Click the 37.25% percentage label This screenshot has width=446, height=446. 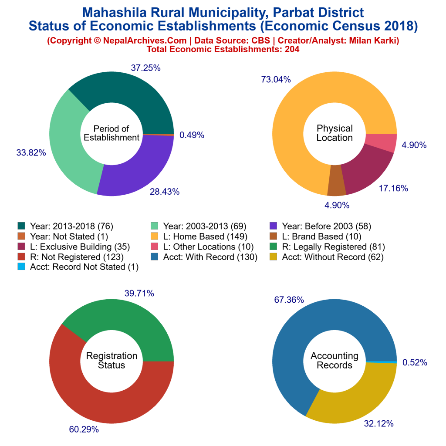click(146, 68)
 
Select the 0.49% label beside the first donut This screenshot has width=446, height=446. click(192, 135)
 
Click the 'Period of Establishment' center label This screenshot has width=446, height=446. click(111, 133)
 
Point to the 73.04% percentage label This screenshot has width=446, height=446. click(276, 79)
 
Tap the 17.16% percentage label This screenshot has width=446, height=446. click(393, 189)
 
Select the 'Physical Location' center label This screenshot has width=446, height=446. click(334, 133)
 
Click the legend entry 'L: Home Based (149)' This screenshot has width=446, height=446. click(205, 237)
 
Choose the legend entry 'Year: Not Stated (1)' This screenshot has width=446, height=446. click(62, 237)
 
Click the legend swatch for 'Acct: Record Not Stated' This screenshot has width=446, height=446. click(21, 267)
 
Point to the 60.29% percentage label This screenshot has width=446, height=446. click(84, 429)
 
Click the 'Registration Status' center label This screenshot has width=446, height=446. click(111, 361)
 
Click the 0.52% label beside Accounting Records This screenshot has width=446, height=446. click(415, 362)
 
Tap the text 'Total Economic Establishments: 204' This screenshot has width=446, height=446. click(223, 49)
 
